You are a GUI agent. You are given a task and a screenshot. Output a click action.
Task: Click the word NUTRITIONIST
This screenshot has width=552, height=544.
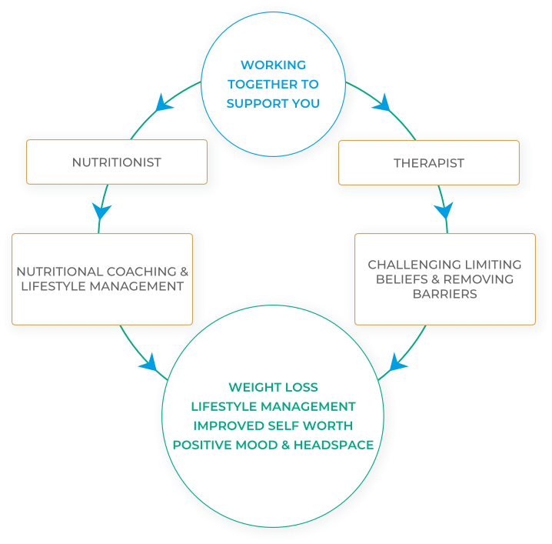point(116,162)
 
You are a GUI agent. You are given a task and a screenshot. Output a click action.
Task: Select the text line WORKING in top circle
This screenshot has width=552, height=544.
point(273,65)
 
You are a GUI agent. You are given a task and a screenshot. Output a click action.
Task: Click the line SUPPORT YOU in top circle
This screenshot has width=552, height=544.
point(273,103)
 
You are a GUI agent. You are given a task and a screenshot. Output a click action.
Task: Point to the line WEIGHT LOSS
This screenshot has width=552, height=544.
point(273,387)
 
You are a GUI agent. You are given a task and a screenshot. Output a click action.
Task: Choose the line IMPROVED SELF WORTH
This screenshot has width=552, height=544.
point(273,426)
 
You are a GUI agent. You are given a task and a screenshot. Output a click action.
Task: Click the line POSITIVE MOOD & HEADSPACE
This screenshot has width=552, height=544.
point(273,445)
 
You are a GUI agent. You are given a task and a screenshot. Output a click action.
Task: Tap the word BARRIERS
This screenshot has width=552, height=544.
point(444,293)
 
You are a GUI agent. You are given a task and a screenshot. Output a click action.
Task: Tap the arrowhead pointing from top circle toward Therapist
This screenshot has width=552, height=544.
point(382,102)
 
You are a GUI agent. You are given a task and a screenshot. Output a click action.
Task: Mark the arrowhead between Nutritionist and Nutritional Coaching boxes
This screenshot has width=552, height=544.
point(100,209)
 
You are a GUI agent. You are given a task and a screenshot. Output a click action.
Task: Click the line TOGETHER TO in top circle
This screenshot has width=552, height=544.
point(273,84)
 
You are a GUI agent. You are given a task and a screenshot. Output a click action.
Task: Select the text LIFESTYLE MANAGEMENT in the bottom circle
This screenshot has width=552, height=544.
point(273,406)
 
